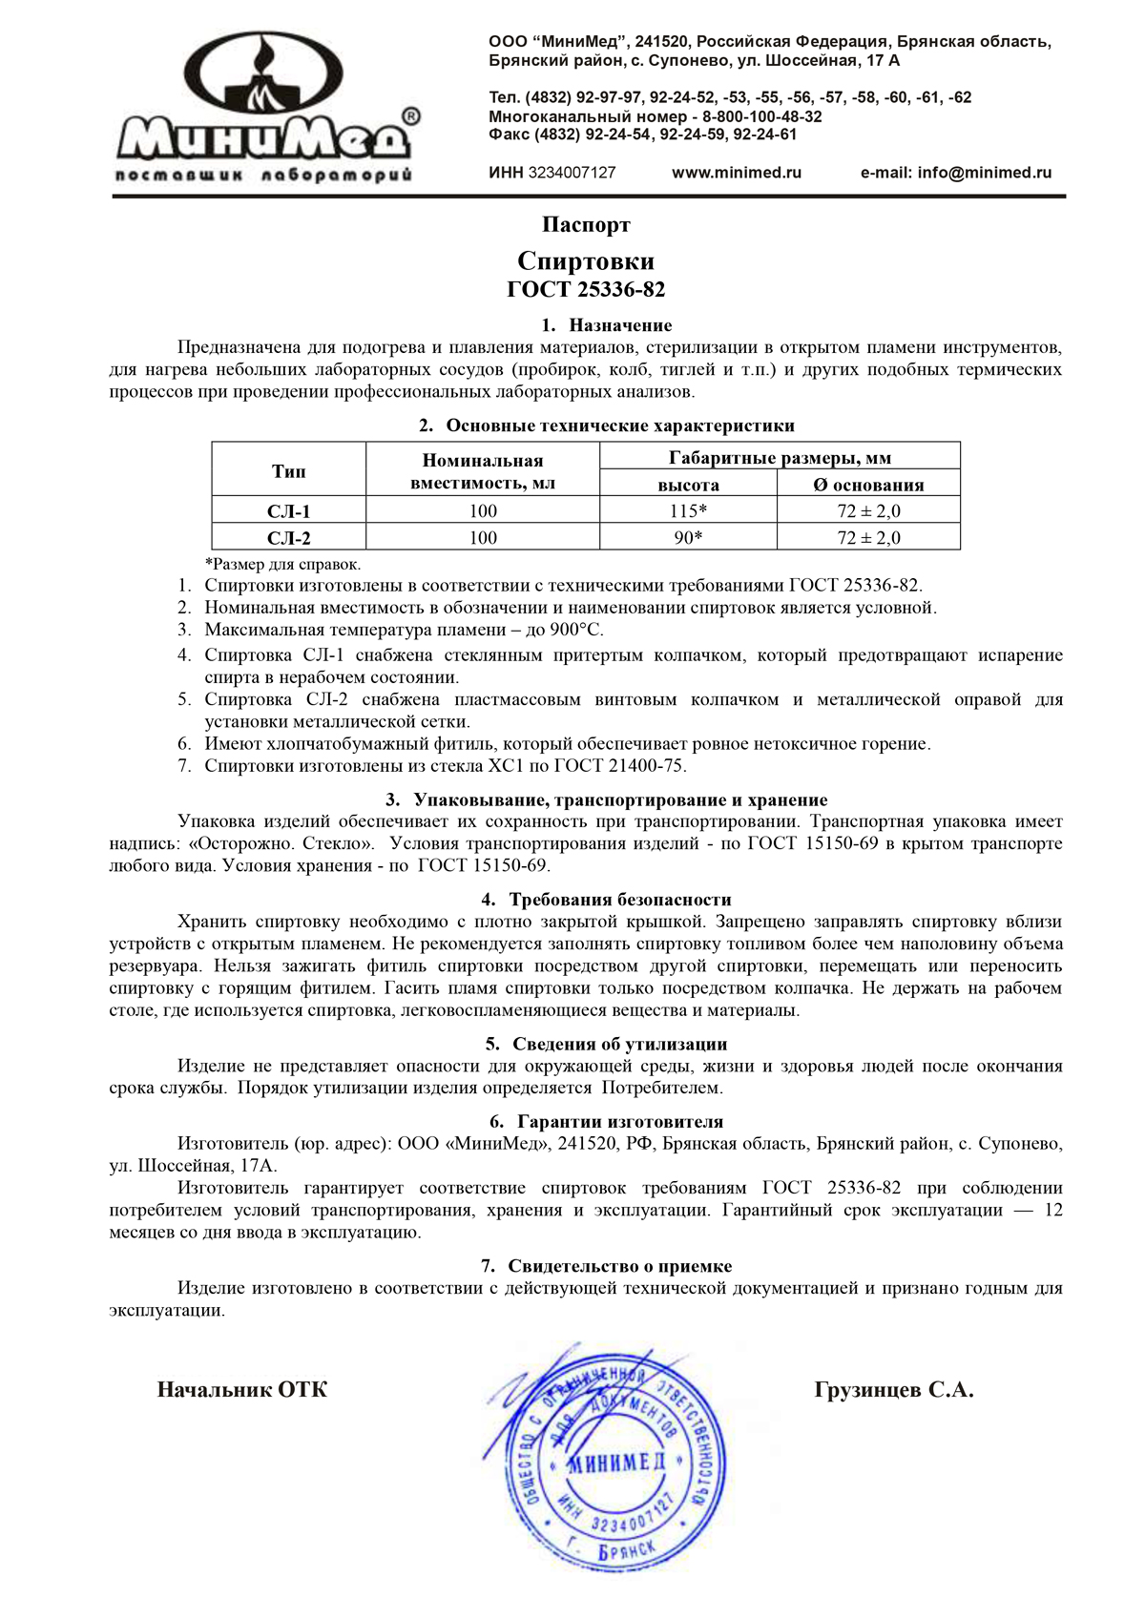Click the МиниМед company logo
click(264, 105)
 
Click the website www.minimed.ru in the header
click(737, 173)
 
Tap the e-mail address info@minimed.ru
click(956, 173)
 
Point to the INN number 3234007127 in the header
click(552, 173)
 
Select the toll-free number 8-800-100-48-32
click(762, 116)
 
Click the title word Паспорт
click(586, 225)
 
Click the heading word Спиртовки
click(586, 261)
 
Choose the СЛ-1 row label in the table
click(288, 511)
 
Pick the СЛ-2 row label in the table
click(288, 538)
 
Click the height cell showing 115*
click(688, 511)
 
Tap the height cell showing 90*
click(688, 538)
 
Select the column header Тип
click(288, 471)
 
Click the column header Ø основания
click(868, 485)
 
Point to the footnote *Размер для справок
click(283, 564)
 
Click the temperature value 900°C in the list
click(576, 630)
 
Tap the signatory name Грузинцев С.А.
click(894, 1390)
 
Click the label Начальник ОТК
click(241, 1390)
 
